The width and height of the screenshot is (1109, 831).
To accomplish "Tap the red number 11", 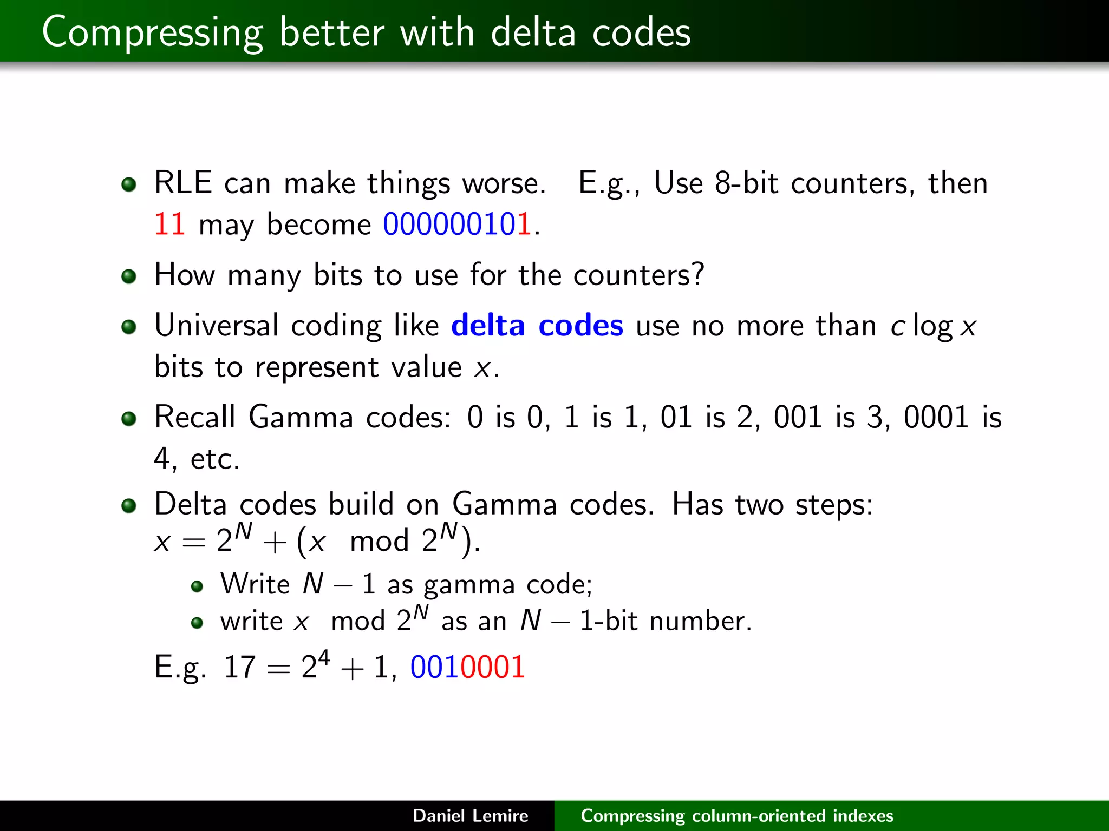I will point(169,224).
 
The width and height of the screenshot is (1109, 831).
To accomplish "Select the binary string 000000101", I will point(456,224).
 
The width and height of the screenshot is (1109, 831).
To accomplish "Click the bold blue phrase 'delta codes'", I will point(537,326).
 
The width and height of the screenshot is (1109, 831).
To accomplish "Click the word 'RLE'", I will point(182,183).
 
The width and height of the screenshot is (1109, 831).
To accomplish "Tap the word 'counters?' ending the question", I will point(639,275).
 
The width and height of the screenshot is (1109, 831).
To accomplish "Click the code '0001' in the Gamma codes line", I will point(936,417).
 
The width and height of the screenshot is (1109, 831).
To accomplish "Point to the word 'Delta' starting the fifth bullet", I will point(190,504).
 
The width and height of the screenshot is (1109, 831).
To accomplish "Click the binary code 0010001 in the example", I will point(467,667).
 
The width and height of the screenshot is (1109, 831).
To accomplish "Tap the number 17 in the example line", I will point(239,667).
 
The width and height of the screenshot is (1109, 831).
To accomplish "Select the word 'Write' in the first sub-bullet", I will point(255,584).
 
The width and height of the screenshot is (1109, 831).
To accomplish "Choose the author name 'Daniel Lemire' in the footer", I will point(470,815).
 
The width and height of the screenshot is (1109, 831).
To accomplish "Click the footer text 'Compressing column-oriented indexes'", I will point(736,815).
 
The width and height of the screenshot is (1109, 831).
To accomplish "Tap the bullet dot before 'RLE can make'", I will point(129,185).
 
